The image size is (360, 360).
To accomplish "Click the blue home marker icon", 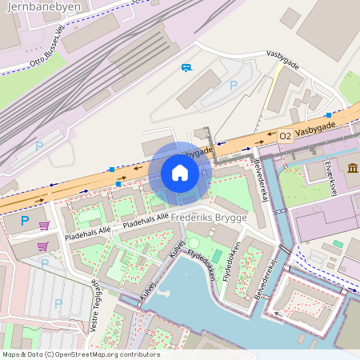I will tap(180, 173).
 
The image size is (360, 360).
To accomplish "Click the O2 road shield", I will tap(286, 137).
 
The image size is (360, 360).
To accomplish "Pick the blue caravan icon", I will tap(186, 67).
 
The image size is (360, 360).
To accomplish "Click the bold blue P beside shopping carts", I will tap(24, 220).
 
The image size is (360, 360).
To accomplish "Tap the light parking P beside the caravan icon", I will tap(234, 85).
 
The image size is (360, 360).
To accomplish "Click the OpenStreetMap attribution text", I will tap(80, 354).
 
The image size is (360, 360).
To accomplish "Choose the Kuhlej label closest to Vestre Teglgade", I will tap(148, 291).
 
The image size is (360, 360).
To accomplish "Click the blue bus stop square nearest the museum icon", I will tap(329, 115).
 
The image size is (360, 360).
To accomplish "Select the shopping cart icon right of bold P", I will tap(44, 226).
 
